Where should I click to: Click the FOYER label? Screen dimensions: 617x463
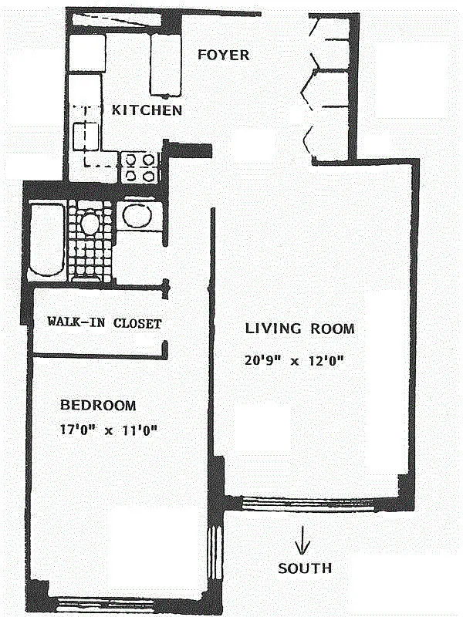pos(223,55)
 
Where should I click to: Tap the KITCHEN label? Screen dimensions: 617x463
pos(147,110)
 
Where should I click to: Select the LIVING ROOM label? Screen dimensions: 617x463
pos(299,329)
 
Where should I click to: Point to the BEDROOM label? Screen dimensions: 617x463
pos(98,405)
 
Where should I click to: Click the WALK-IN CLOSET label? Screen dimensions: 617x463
pos(104,323)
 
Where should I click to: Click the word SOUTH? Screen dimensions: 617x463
pos(305,568)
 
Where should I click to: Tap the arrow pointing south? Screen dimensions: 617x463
pos(305,538)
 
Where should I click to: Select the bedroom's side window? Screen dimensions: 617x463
pos(212,551)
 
